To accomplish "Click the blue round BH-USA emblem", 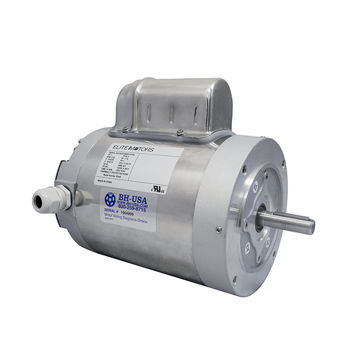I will pyautogui.click(x=110, y=199).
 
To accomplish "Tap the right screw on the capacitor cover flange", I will pyautogui.click(x=179, y=132).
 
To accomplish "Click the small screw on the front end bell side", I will pyautogui.click(x=219, y=229).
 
